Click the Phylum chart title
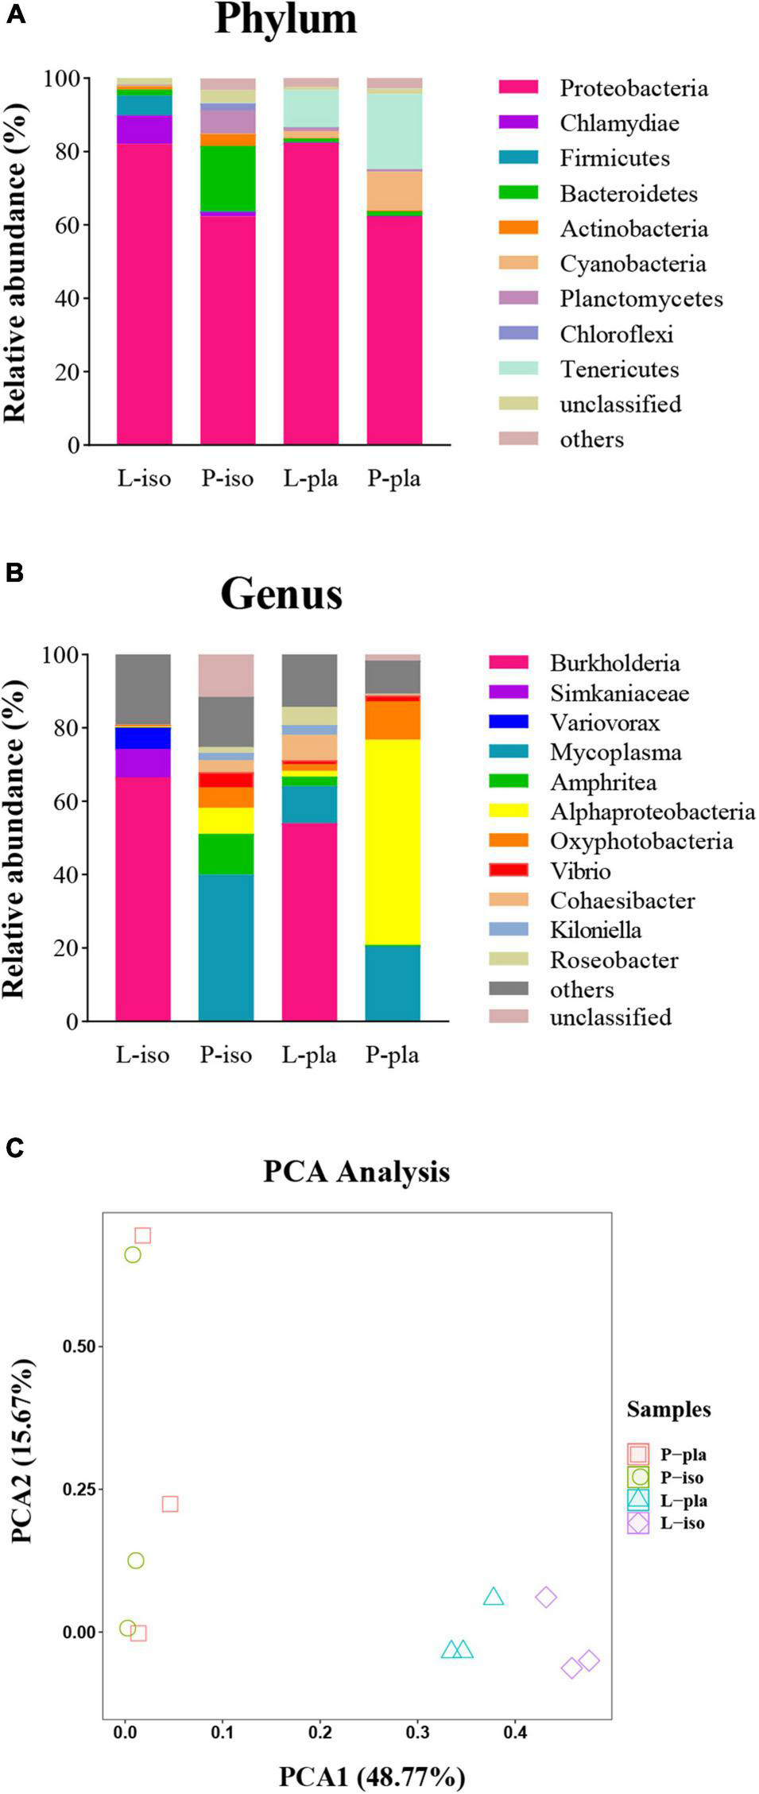(285, 19)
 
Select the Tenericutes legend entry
(619, 369)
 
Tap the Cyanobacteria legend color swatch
(518, 263)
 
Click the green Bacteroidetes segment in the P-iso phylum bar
(227, 178)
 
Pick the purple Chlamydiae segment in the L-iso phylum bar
(144, 129)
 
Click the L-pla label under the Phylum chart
(311, 479)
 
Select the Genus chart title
(281, 594)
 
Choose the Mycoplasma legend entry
(615, 752)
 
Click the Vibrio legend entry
(580, 871)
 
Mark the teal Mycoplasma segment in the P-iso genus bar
(226, 947)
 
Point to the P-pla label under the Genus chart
(392, 1055)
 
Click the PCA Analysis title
(356, 1172)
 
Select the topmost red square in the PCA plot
(142, 1235)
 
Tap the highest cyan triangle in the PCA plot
(494, 1597)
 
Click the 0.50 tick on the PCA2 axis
(79, 1346)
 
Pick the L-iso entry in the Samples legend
(682, 1523)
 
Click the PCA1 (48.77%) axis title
(371, 1777)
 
